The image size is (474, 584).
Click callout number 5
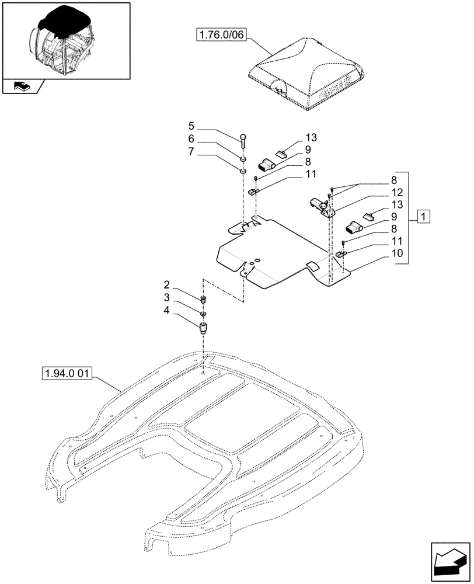point(191,126)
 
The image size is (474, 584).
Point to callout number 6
point(191,140)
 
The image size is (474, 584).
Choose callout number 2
point(167,285)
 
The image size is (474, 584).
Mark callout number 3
point(167,298)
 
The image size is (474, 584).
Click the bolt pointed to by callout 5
point(242,141)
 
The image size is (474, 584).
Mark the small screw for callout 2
point(204,300)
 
